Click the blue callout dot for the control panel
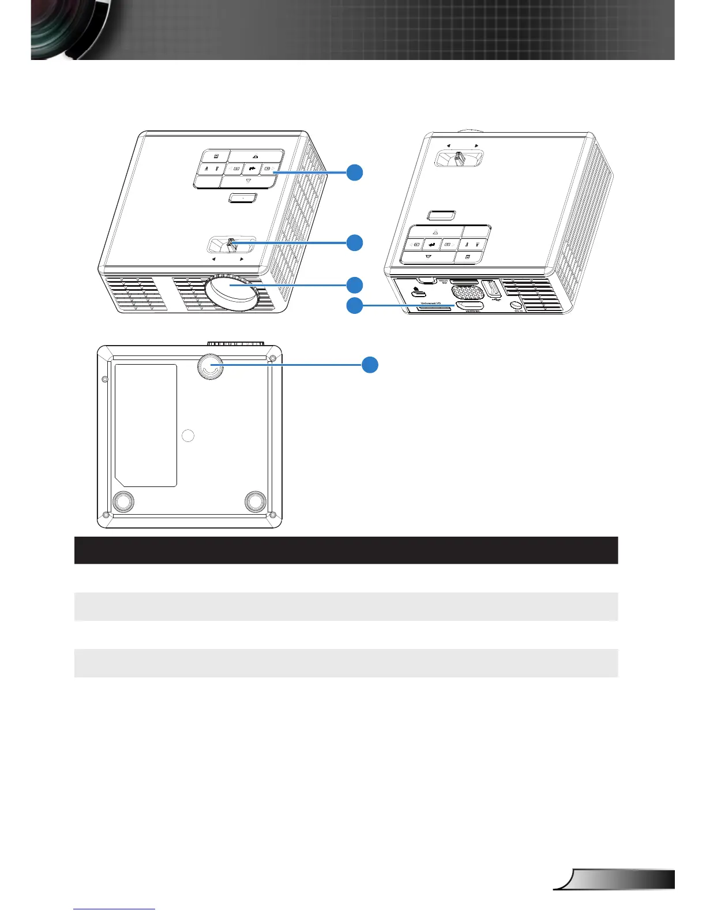click(355, 172)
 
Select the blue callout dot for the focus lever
click(355, 242)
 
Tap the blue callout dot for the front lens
click(355, 284)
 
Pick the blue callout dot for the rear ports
click(355, 305)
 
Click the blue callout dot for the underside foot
click(370, 364)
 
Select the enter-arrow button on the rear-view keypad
click(432, 245)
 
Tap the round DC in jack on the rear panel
click(516, 305)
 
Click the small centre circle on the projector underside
click(188, 436)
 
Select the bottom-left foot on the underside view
click(122, 501)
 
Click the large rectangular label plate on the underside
click(145, 425)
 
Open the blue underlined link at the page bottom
click(115, 909)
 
